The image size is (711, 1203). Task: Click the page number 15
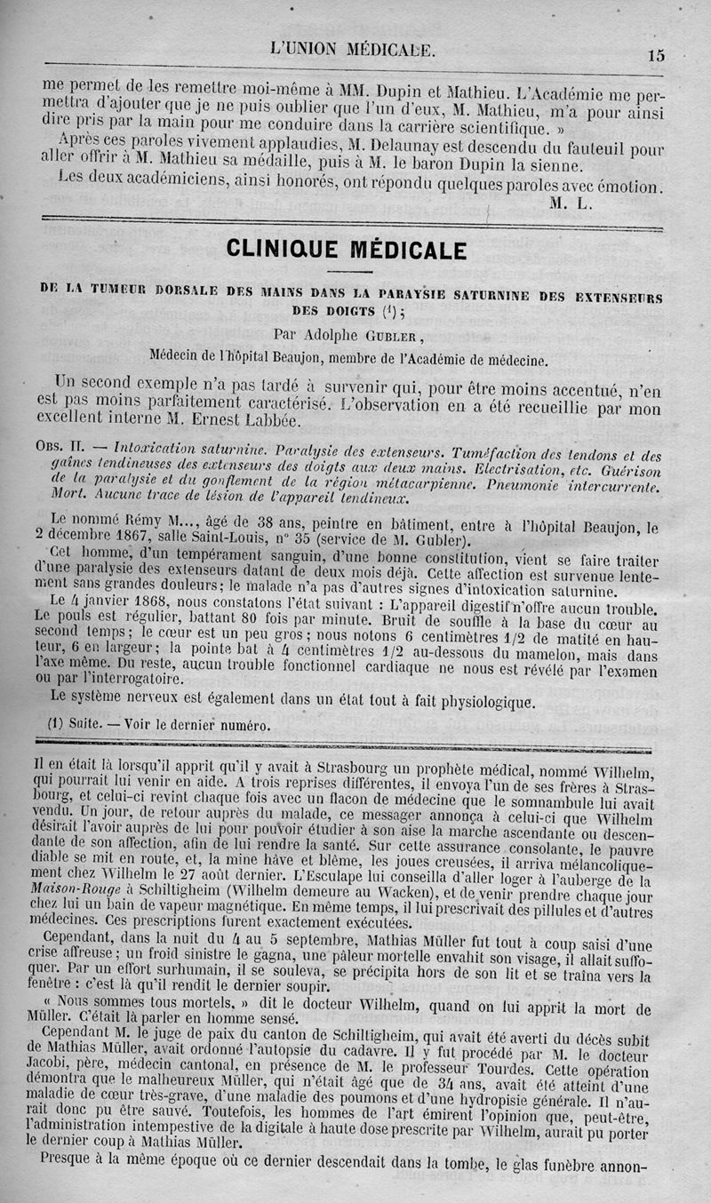pos(656,55)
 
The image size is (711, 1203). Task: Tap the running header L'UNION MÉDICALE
pos(353,50)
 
